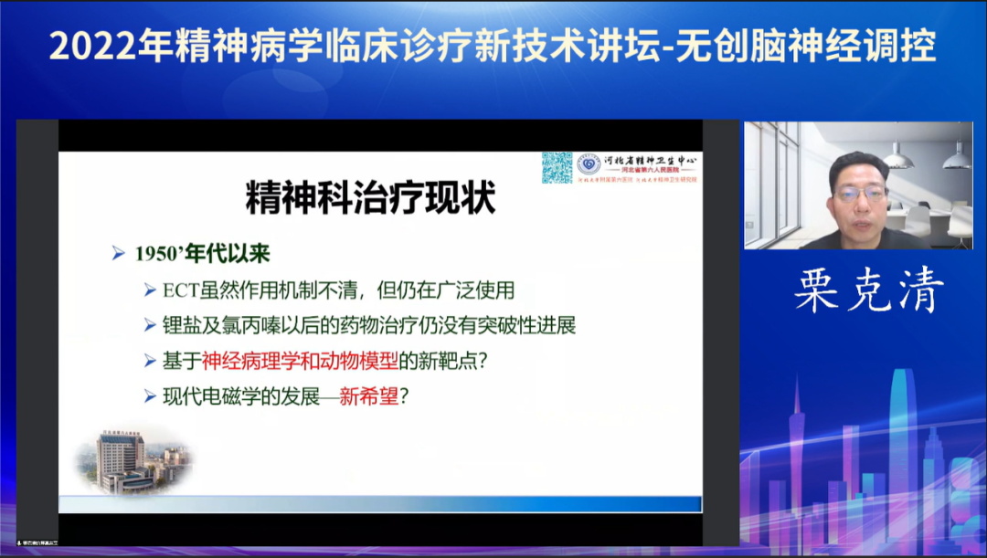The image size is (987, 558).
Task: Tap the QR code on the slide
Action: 557,167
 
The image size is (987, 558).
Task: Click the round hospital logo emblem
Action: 589,164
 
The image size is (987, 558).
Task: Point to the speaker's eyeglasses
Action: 859,193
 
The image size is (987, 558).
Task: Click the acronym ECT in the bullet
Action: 180,290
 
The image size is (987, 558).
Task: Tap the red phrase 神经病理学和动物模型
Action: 298,360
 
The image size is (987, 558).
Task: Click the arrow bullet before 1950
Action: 118,254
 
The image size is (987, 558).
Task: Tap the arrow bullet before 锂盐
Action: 151,325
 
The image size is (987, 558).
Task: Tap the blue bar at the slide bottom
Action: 379,503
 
